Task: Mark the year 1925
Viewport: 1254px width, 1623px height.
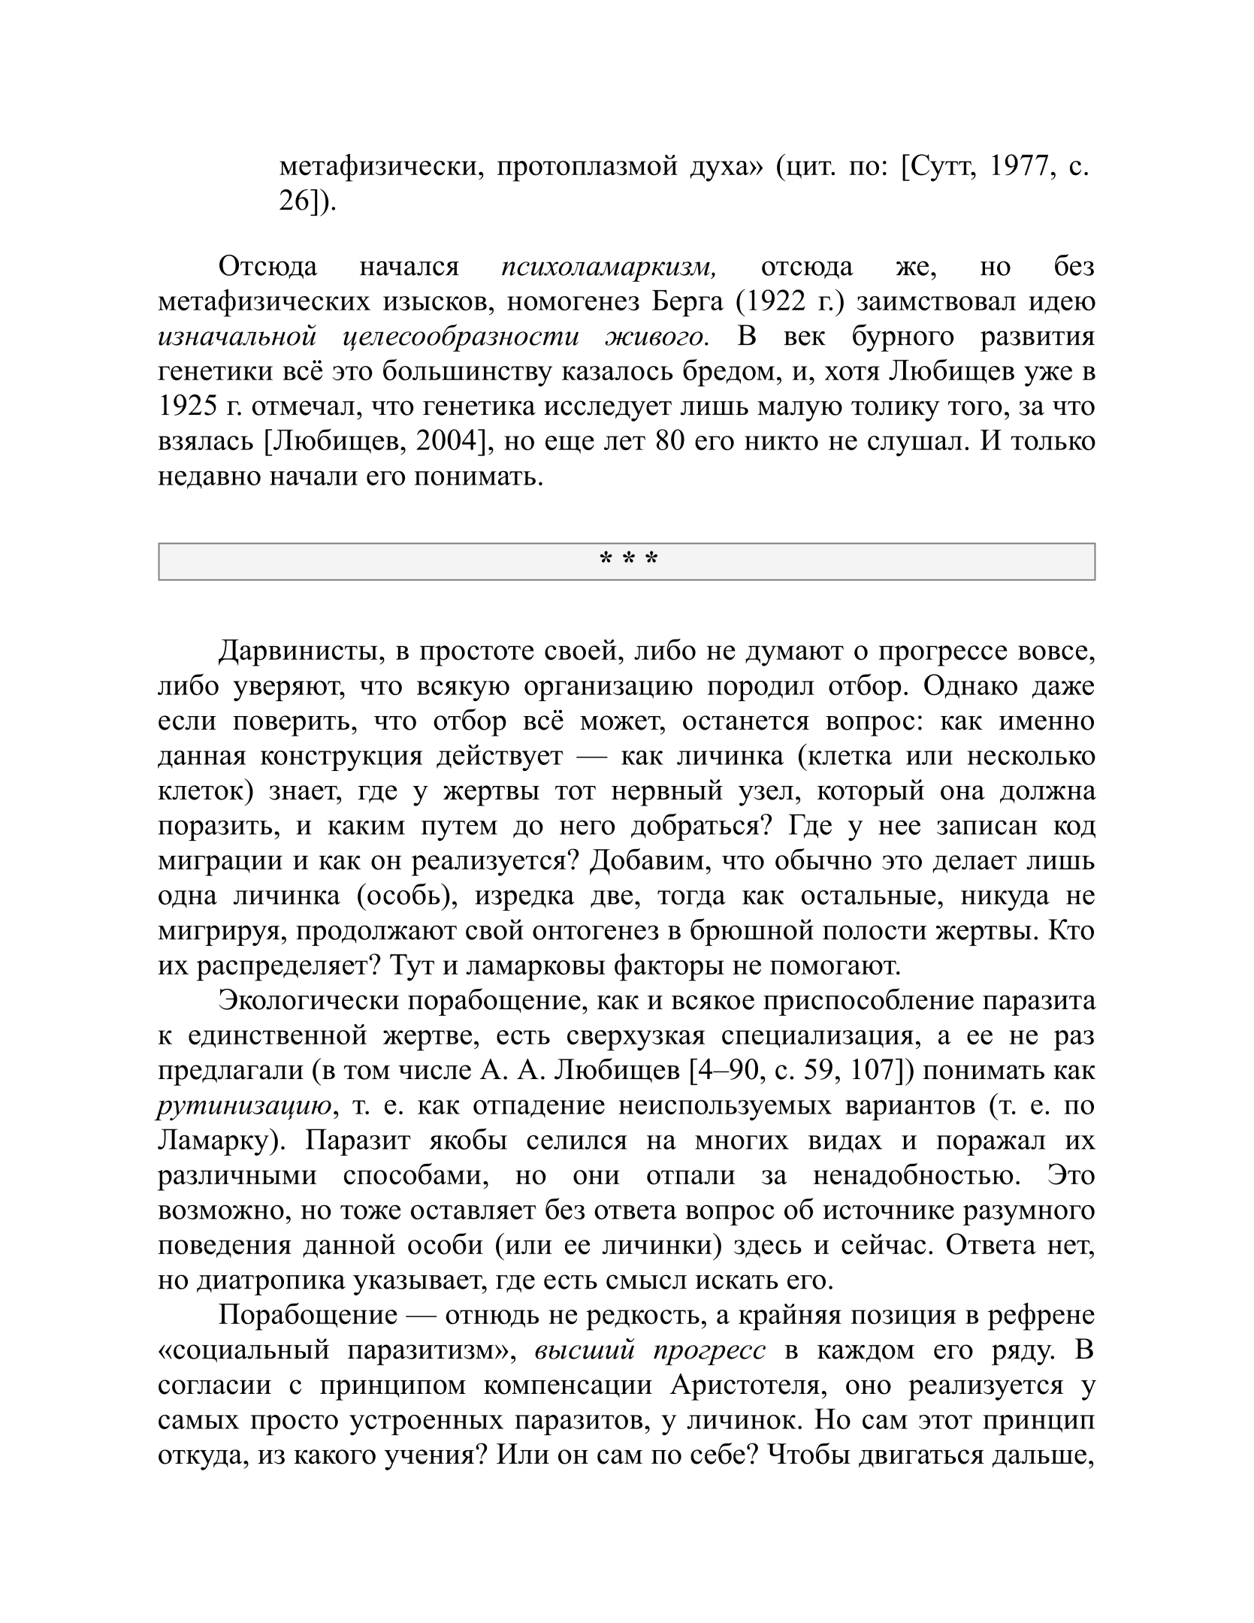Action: tap(189, 406)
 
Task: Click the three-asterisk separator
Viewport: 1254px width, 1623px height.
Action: tap(627, 560)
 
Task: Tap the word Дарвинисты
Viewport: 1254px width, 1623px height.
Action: tap(299, 651)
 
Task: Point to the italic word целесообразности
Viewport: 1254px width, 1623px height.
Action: tap(460, 336)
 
